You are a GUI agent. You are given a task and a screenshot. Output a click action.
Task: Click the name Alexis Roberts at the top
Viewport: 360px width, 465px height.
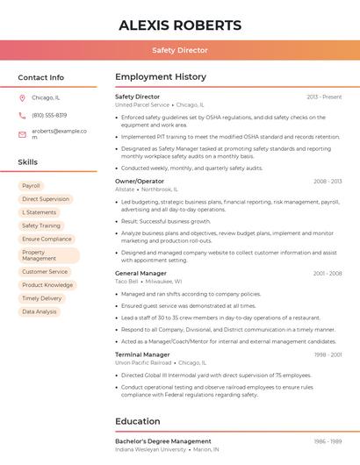(x=180, y=25)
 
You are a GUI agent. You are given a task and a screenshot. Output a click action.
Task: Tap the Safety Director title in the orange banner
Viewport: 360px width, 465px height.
(x=180, y=50)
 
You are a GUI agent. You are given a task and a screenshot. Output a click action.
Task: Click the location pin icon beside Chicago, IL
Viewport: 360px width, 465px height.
(x=22, y=98)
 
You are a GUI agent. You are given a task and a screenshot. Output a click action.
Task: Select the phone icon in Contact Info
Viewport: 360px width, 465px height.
(x=22, y=115)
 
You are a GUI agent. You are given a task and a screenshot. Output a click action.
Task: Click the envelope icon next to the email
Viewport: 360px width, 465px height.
(x=22, y=134)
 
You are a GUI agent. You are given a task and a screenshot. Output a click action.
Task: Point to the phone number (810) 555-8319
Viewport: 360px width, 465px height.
(x=49, y=115)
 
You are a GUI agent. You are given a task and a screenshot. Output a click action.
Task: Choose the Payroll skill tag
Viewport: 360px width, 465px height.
(x=32, y=186)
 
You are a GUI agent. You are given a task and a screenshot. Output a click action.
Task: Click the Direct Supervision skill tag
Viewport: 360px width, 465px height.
(x=46, y=199)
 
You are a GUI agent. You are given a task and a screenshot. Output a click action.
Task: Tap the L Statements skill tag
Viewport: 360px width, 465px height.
(x=40, y=212)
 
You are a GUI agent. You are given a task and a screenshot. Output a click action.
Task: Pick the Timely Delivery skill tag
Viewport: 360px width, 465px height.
(x=42, y=298)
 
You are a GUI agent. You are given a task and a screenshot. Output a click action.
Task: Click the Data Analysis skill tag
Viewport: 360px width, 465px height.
(x=40, y=311)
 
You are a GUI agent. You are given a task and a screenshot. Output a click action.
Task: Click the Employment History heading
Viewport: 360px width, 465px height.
(x=161, y=77)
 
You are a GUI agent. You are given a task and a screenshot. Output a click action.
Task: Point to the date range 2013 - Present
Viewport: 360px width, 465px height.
(x=324, y=97)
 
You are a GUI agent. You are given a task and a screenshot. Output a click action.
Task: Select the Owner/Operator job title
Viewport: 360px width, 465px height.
(x=140, y=181)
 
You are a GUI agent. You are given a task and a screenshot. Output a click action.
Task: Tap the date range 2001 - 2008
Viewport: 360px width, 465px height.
(x=328, y=274)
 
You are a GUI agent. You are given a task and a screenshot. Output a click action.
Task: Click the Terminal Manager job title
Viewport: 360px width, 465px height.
(x=142, y=354)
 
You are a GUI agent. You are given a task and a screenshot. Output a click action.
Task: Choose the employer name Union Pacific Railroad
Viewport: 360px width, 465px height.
(x=143, y=362)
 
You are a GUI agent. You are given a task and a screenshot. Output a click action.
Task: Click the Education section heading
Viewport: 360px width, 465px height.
(x=138, y=421)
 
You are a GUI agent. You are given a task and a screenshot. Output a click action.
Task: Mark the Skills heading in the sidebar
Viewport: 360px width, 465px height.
(x=28, y=162)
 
